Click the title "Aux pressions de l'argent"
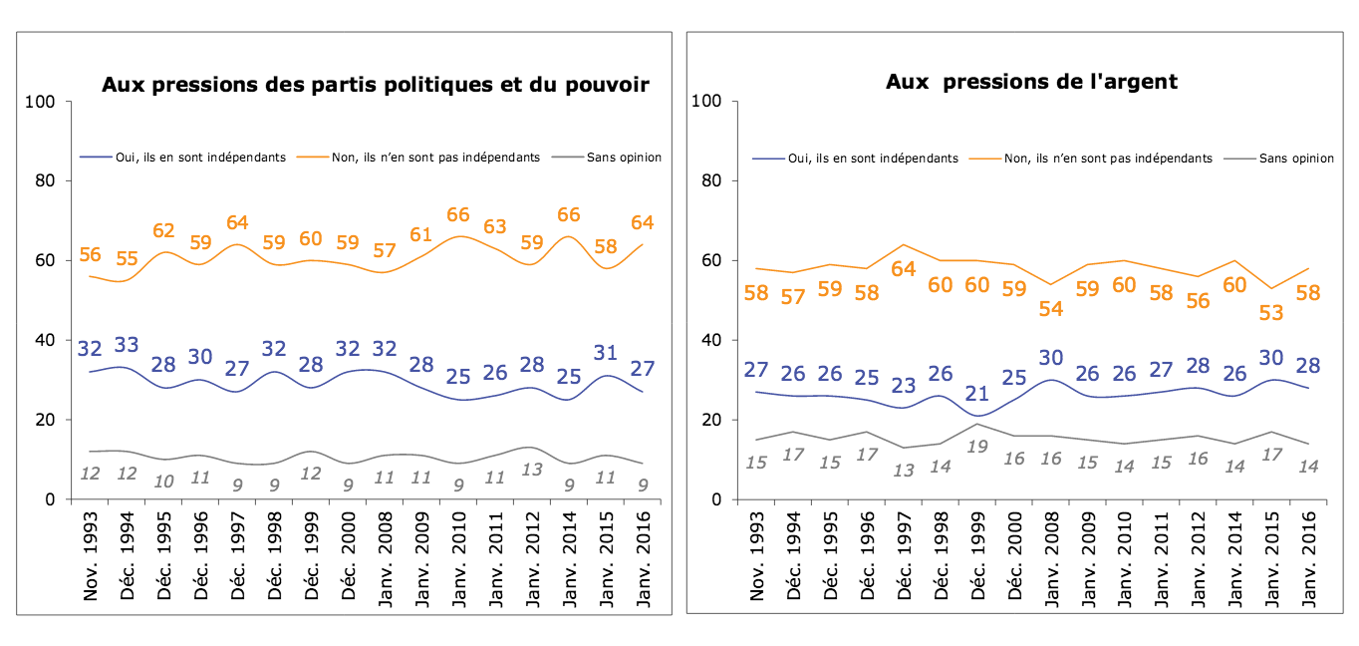(1031, 82)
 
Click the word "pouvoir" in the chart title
(609, 85)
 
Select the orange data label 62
(162, 230)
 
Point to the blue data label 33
(127, 345)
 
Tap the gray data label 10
(162, 481)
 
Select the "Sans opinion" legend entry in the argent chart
(1296, 158)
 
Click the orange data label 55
(127, 259)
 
